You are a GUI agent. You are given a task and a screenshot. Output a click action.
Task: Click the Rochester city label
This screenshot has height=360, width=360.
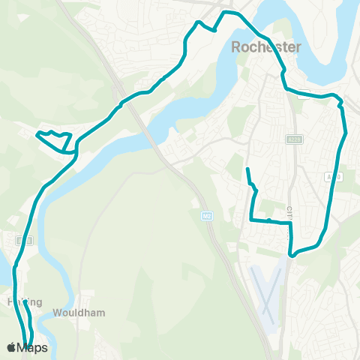(266, 47)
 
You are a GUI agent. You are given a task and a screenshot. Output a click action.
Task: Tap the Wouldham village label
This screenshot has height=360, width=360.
(78, 313)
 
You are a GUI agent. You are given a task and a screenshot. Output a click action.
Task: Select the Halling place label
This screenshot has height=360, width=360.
(21, 301)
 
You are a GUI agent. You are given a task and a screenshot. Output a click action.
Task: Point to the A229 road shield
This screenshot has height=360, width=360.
(293, 139)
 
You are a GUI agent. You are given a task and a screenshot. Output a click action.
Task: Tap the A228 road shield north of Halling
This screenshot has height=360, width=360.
(25, 241)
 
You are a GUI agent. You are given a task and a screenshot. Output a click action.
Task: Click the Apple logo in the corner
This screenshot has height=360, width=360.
(11, 348)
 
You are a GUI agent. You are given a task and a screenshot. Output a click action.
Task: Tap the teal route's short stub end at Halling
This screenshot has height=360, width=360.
(24, 302)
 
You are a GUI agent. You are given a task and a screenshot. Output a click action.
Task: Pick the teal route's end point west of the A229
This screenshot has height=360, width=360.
(247, 169)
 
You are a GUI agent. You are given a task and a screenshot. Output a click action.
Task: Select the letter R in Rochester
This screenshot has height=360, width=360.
(237, 47)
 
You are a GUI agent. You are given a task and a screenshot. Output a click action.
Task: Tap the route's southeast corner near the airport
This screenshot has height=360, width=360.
(292, 253)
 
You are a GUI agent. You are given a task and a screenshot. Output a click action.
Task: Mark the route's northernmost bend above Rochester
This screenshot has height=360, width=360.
(229, 13)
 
